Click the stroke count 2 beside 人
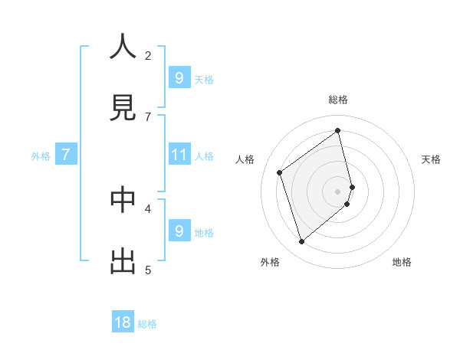(x=148, y=55)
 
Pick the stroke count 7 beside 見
(x=148, y=116)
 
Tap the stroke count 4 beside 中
(x=148, y=208)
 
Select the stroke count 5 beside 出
(x=148, y=270)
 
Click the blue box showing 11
(x=179, y=155)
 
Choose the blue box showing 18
(x=123, y=322)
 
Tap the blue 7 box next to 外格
(x=66, y=155)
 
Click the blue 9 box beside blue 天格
(x=179, y=77)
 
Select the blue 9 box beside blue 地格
(x=179, y=231)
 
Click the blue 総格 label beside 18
(x=147, y=324)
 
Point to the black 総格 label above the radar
(x=338, y=100)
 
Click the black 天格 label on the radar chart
(x=431, y=159)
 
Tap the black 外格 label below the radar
(x=269, y=262)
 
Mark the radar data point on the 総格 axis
(x=338, y=131)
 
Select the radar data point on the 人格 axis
(x=280, y=172)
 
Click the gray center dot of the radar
(x=338, y=191)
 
